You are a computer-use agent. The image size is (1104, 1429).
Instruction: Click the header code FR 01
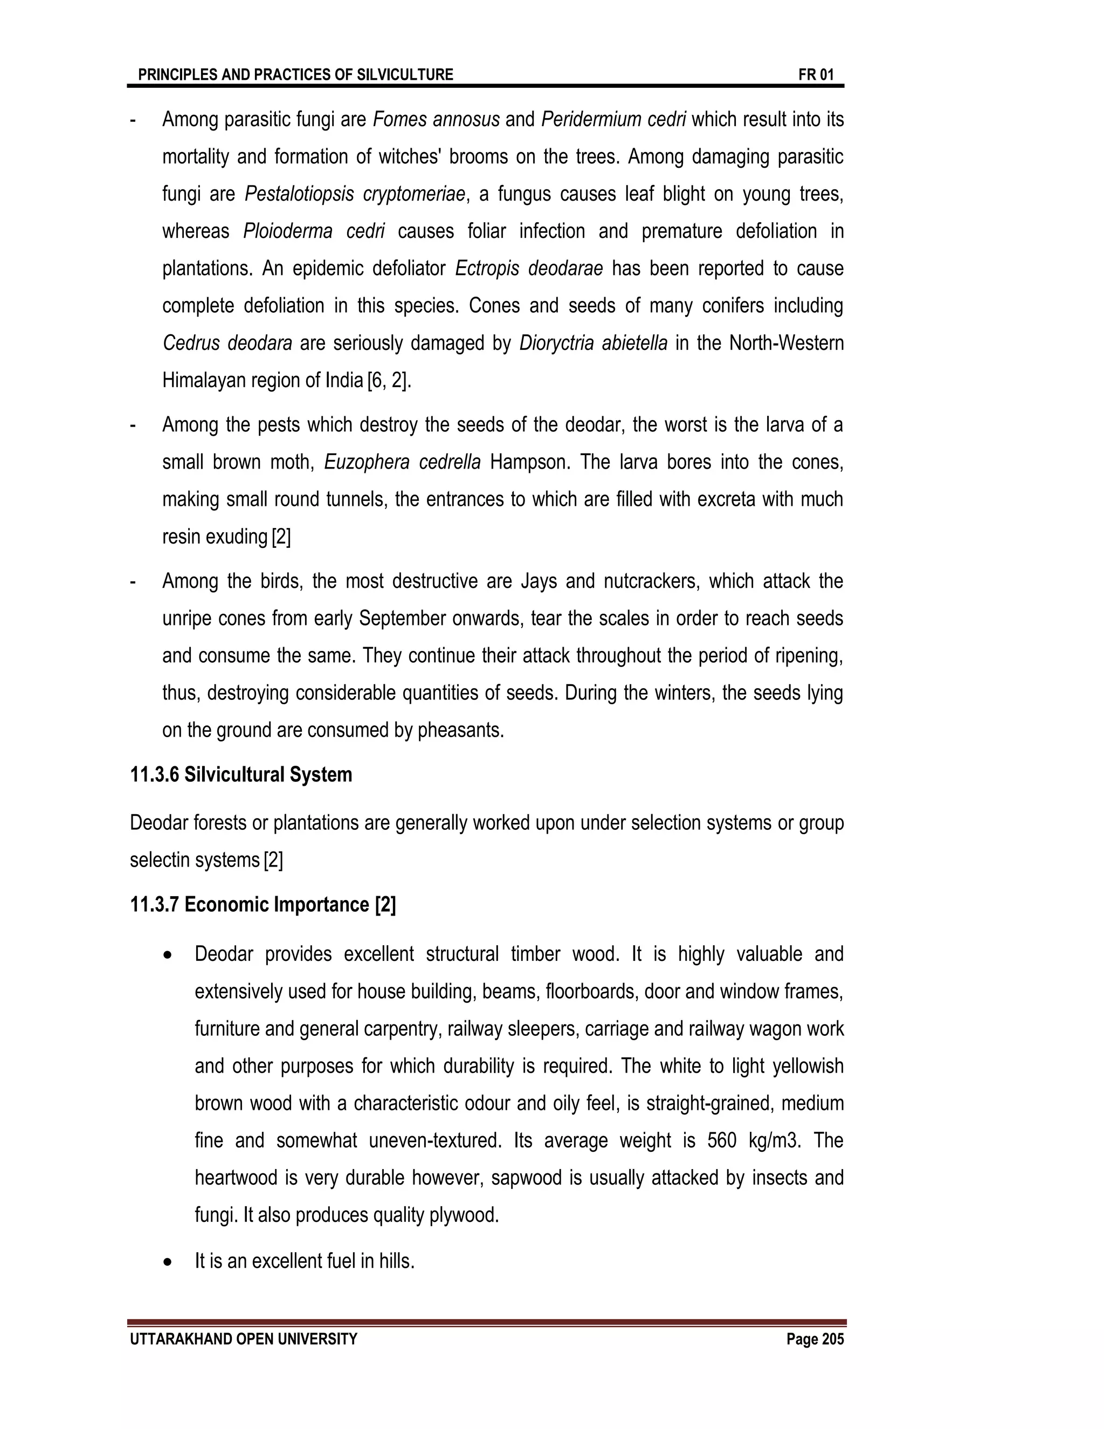tap(816, 74)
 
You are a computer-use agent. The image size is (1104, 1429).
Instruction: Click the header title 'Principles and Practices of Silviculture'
tap(295, 74)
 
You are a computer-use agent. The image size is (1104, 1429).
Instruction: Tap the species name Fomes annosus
tap(436, 120)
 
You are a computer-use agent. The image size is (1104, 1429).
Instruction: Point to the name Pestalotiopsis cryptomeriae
tap(355, 194)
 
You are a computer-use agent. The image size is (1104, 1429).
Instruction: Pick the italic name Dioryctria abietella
tap(593, 343)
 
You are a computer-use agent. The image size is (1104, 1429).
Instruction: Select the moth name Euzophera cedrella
tap(402, 463)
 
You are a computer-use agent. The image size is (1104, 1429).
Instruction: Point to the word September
tap(398, 619)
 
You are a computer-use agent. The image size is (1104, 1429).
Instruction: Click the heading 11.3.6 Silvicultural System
tap(241, 775)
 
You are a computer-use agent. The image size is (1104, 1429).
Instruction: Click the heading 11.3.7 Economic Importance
tap(263, 905)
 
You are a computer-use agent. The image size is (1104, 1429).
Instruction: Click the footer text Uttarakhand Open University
tap(244, 1339)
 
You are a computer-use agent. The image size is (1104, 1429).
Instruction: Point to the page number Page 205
tap(815, 1339)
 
